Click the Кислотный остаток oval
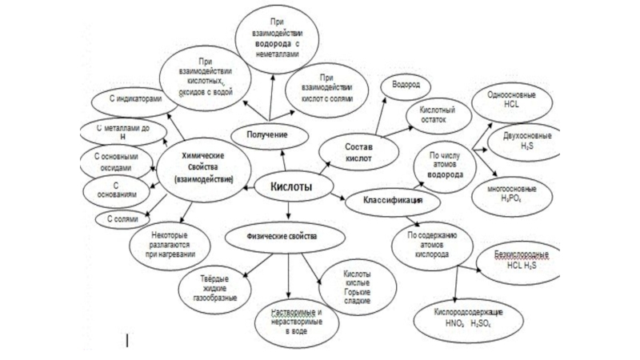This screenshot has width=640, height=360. point(438,113)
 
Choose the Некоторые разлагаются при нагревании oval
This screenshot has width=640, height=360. point(169,244)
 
